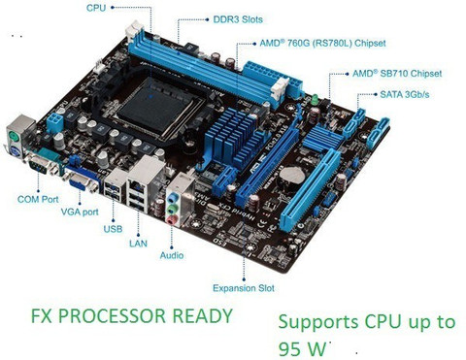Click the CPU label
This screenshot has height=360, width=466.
[x=96, y=7]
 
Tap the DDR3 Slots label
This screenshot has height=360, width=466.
[x=238, y=19]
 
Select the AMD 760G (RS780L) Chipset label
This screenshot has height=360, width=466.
[x=322, y=43]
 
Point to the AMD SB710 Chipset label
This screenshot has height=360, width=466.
[x=397, y=74]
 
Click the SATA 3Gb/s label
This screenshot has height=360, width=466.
[x=405, y=94]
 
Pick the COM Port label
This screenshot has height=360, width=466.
[x=38, y=199]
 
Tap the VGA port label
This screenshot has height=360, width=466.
[x=80, y=213]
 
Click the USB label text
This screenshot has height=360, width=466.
[x=113, y=229]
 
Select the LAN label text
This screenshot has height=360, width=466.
[x=138, y=244]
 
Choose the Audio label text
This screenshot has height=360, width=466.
[x=172, y=255]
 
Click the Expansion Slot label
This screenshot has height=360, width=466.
[x=244, y=288]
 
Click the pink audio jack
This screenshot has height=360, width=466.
[x=171, y=220]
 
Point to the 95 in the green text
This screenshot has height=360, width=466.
[x=290, y=348]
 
